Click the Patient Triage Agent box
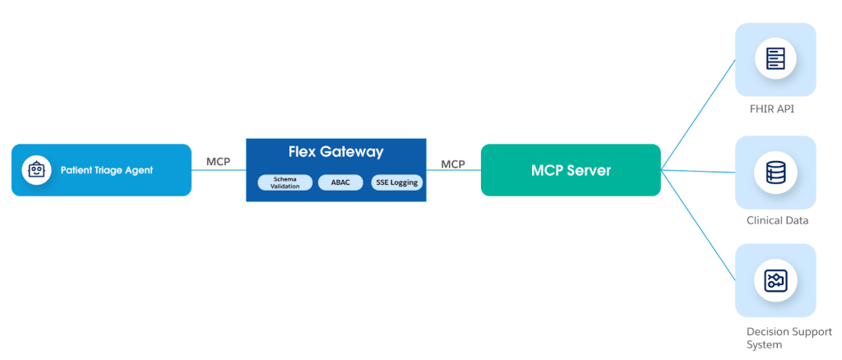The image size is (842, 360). (101, 170)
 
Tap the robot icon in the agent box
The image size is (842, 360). (35, 170)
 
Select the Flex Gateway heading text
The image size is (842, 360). (335, 152)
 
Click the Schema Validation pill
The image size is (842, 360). (284, 182)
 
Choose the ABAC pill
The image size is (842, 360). (340, 182)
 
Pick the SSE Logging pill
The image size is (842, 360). (396, 182)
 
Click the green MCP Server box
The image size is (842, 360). (570, 170)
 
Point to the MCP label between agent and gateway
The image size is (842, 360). (218, 162)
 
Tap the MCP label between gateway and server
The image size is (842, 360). (453, 164)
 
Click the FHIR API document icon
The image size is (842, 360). (775, 58)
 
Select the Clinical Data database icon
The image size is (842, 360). (775, 172)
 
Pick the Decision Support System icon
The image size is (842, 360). (775, 280)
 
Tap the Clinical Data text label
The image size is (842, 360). (776, 220)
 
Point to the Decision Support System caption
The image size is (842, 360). (776, 337)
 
